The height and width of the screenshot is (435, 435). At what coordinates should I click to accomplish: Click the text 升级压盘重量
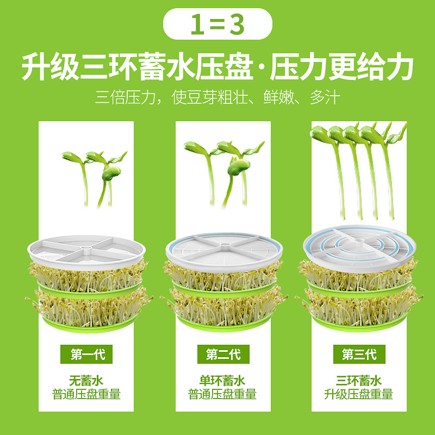coord(359,394)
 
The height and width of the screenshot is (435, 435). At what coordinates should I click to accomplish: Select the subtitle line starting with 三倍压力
coord(217,98)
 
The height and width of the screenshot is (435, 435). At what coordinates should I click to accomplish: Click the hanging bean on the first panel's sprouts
coord(111,173)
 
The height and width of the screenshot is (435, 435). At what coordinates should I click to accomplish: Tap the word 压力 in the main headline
coord(297,68)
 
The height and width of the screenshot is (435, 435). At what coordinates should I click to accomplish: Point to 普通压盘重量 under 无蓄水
coord(86,394)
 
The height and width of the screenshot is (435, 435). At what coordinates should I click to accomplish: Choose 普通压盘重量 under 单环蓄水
coord(223,394)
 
